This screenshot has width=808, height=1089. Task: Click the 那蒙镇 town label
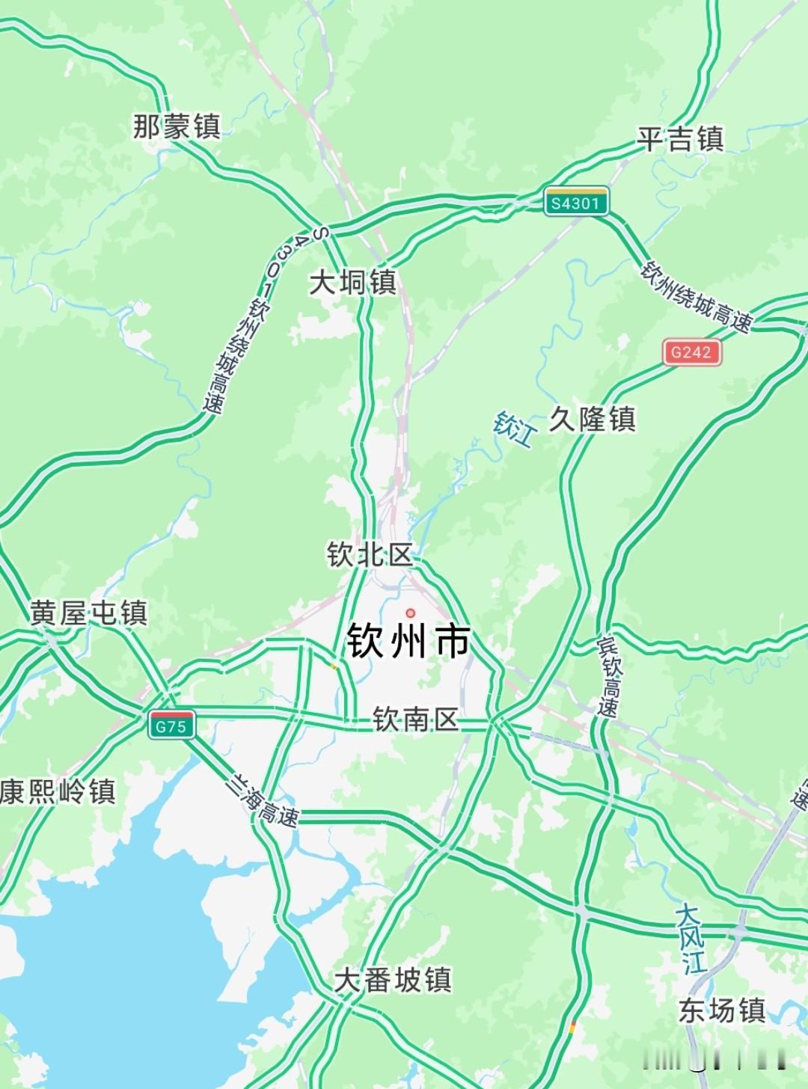point(177,126)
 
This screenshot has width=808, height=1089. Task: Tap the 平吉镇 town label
point(680,139)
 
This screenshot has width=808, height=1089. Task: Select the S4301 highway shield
point(575,202)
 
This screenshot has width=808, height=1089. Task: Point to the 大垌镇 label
point(352,283)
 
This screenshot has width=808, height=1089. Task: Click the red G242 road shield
point(691,352)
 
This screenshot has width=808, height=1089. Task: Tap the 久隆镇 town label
point(592,419)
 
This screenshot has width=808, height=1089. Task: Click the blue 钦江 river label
point(515,429)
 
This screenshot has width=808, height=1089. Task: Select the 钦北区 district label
point(370,555)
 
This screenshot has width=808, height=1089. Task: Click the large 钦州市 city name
point(408,642)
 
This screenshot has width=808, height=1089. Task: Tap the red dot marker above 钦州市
point(410,613)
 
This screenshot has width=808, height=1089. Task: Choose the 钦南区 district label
point(415,720)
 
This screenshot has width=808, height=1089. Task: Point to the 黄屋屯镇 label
point(89,613)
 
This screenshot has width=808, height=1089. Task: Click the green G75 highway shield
point(171,725)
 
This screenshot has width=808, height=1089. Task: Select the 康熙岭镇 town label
point(58,791)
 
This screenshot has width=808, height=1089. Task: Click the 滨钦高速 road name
point(610,677)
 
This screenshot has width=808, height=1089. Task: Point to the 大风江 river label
point(691,939)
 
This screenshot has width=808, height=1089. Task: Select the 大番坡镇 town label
point(393,980)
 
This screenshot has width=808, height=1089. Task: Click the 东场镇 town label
point(721,1010)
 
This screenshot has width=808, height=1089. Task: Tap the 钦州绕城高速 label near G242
point(696,297)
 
